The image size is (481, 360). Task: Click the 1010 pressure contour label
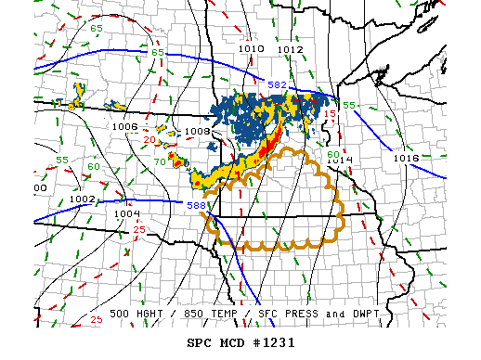click(251, 48)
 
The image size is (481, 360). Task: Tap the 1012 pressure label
click(290, 49)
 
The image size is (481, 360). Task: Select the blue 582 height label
click(277, 85)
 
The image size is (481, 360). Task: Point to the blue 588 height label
click(196, 205)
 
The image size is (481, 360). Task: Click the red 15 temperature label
click(329, 113)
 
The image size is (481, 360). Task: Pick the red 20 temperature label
click(149, 139)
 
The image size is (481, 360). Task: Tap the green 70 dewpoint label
click(159, 161)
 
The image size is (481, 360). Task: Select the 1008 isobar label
click(197, 132)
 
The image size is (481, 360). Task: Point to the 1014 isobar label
click(341, 161)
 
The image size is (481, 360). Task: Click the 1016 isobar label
click(406, 158)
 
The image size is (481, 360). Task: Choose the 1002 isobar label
click(82, 199)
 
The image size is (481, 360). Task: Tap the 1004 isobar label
click(127, 212)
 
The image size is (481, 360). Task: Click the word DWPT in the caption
click(360, 315)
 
